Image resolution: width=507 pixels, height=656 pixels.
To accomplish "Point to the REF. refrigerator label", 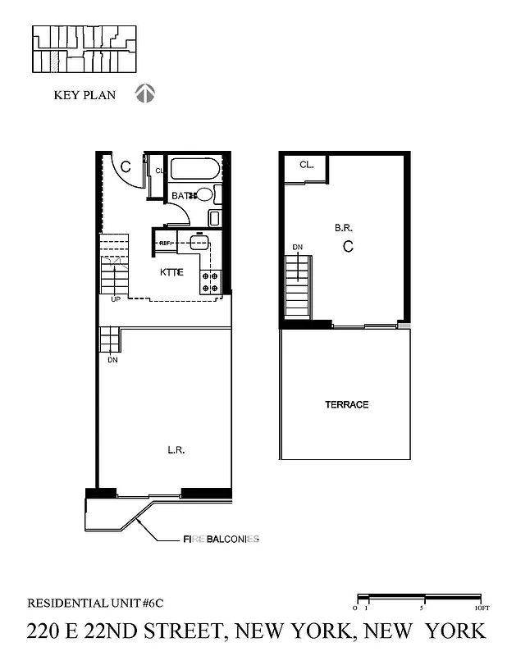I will click(165, 244).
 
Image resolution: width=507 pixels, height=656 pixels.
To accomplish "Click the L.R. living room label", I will click(174, 449).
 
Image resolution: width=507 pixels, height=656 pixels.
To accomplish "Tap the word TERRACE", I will click(346, 404).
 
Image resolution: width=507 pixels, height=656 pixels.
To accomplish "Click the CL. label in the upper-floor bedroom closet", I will click(307, 165).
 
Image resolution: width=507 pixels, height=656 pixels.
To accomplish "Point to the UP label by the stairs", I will click(116, 299).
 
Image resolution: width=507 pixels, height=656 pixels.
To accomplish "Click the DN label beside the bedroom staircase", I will click(298, 247).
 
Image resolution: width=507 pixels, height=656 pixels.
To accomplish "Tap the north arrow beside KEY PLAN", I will click(145, 93).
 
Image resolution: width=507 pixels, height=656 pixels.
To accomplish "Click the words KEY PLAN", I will click(84, 95).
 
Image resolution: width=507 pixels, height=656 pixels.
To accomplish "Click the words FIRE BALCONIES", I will click(221, 539).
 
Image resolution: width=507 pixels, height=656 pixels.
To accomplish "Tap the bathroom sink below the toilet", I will click(213, 218).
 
